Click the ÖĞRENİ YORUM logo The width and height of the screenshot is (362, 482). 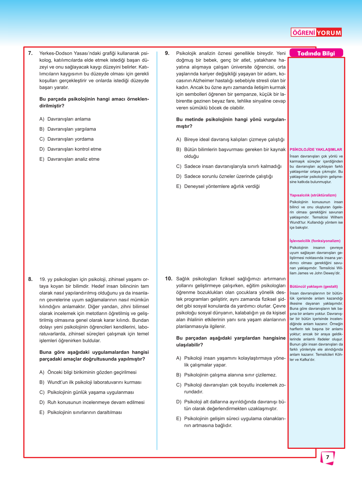click(x=316, y=32)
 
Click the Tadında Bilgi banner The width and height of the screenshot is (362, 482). click(x=316, y=53)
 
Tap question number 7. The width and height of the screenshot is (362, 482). click(x=30, y=53)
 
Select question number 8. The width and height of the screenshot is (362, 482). click(x=30, y=279)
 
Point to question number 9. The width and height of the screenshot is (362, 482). click(x=167, y=53)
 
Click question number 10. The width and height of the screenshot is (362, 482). click(x=168, y=279)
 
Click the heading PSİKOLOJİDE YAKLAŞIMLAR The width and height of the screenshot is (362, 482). click(x=316, y=149)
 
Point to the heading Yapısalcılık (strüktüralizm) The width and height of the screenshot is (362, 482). click(x=313, y=195)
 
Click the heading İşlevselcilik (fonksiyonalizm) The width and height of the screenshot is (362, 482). click(x=315, y=241)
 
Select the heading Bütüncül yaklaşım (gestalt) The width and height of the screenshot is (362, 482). click(x=314, y=286)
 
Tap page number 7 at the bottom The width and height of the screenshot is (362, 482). click(x=327, y=457)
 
